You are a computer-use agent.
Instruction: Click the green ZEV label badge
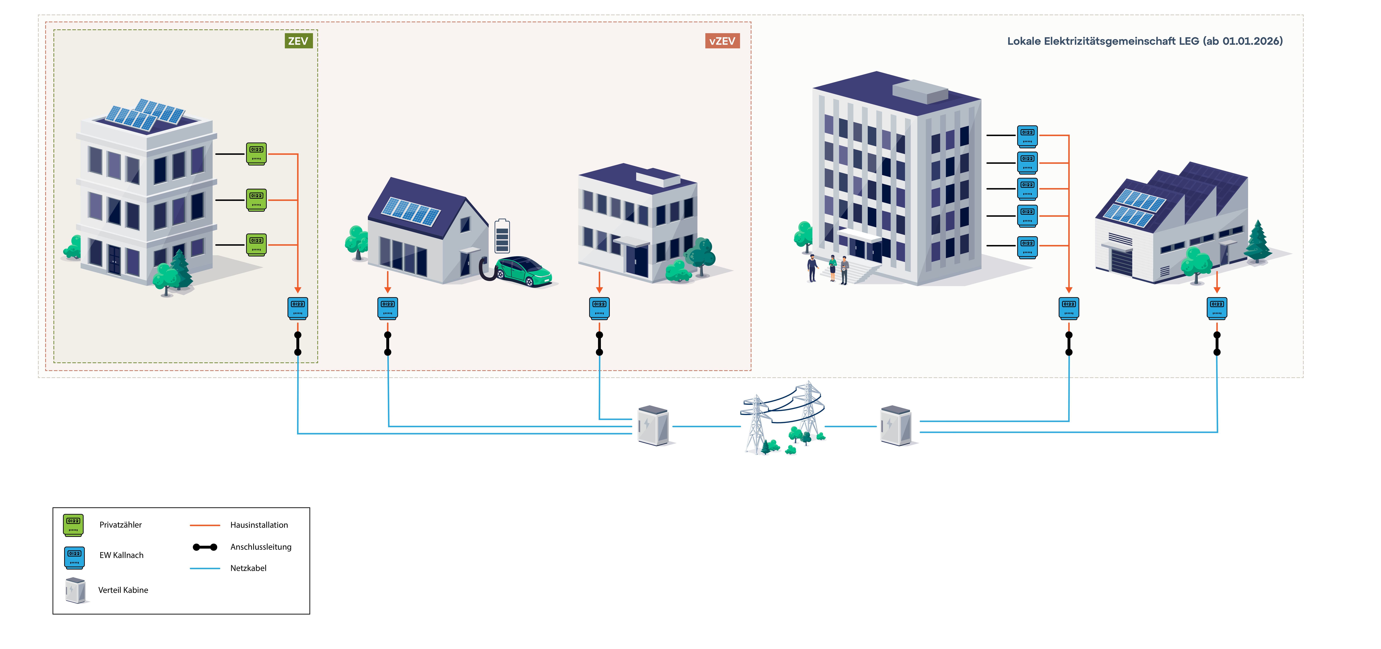(x=298, y=41)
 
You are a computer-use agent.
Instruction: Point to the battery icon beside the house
(x=502, y=236)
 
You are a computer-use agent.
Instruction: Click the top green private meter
(x=256, y=153)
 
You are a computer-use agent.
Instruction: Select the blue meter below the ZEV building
(x=298, y=308)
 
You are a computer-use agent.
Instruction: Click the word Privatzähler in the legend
(x=121, y=525)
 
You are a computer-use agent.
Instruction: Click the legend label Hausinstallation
(x=259, y=525)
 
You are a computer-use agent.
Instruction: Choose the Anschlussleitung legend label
(x=260, y=547)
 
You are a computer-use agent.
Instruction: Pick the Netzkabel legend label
(x=248, y=568)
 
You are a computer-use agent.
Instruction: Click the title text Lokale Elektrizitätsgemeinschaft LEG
(x=1145, y=41)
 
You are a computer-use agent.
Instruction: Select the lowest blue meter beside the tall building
(x=1027, y=247)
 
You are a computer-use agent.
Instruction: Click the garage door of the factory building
(x=1122, y=263)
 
